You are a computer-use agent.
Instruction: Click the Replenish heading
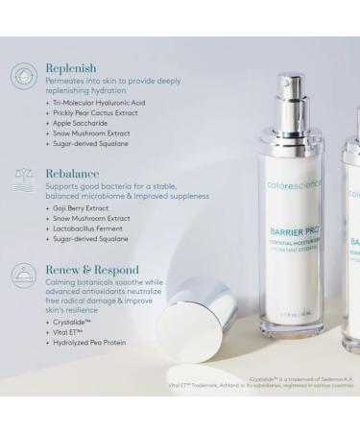[x=69, y=69]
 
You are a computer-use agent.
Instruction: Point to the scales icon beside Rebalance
[x=23, y=177]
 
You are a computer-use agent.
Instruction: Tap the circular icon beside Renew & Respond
[x=23, y=275]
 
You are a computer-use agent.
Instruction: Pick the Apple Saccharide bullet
[x=78, y=123]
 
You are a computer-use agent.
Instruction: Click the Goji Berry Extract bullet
[x=80, y=208]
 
